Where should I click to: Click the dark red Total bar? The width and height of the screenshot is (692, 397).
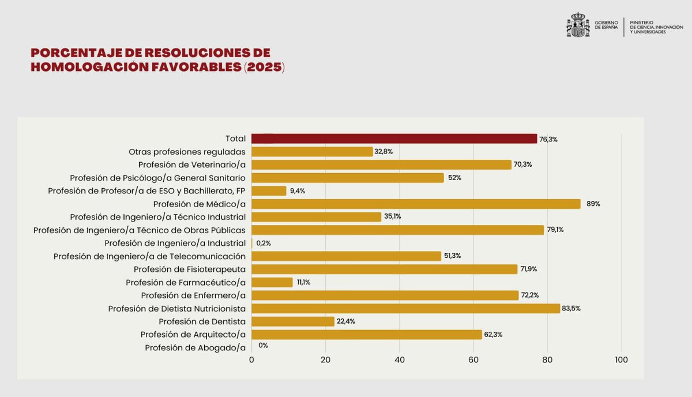(394, 138)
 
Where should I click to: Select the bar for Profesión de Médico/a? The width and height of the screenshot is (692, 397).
(416, 204)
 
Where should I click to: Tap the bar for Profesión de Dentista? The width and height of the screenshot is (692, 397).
(293, 321)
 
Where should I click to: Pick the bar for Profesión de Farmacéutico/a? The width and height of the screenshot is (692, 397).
(272, 282)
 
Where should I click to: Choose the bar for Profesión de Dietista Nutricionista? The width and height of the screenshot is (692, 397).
(405, 308)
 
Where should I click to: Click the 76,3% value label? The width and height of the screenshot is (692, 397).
(548, 139)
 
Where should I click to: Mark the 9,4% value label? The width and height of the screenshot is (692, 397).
(298, 191)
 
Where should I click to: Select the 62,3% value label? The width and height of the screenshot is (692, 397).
(493, 335)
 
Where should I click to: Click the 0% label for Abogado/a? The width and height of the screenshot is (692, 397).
(263, 346)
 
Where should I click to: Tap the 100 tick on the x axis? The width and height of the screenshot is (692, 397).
(621, 359)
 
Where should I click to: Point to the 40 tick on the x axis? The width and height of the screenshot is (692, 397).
(399, 359)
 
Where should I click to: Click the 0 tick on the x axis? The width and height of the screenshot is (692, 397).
(251, 359)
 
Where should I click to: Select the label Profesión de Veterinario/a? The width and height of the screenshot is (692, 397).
(191, 164)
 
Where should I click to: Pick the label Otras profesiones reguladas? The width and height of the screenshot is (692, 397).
(187, 152)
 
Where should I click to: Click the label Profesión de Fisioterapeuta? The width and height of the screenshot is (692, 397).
(190, 269)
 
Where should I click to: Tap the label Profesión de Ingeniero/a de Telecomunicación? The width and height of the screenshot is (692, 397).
(149, 256)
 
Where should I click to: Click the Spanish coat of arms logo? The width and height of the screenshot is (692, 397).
(578, 25)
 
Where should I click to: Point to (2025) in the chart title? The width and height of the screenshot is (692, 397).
(264, 67)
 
